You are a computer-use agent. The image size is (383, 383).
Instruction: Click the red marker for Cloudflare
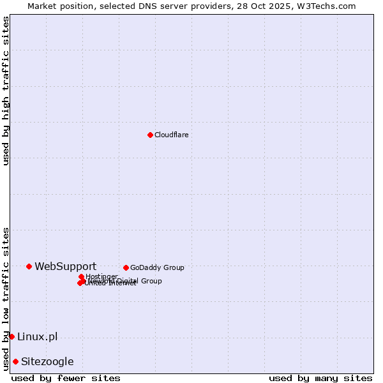pyautogui.click(x=150, y=135)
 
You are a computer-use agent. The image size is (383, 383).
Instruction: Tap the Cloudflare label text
pyautogui.click(x=172, y=135)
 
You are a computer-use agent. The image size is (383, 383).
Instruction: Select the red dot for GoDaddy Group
pyautogui.click(x=126, y=267)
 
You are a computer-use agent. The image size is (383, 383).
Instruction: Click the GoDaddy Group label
pyautogui.click(x=157, y=267)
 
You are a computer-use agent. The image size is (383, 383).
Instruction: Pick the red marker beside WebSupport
pyautogui.click(x=29, y=266)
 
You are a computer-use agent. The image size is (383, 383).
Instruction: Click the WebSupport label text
pyautogui.click(x=66, y=266)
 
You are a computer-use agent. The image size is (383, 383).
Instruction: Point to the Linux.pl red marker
pyautogui.click(x=11, y=336)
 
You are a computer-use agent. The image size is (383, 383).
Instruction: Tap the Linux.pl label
pyautogui.click(x=38, y=336)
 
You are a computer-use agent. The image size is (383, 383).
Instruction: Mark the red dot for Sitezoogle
pyautogui.click(x=15, y=361)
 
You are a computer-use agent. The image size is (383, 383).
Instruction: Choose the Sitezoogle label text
pyautogui.click(x=47, y=361)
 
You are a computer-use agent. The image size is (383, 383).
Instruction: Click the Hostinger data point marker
pyautogui.click(x=81, y=276)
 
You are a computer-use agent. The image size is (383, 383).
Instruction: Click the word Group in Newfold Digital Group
pyautogui.click(x=151, y=281)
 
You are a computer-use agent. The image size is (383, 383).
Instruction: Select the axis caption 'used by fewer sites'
pyautogui.click(x=66, y=378)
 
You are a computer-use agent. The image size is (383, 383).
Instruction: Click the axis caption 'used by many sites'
pyautogui.click(x=320, y=378)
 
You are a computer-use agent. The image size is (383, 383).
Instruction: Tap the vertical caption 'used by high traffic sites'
pyautogui.click(x=6, y=91)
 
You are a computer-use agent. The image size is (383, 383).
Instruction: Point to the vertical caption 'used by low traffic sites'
pyautogui.click(x=6, y=299)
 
